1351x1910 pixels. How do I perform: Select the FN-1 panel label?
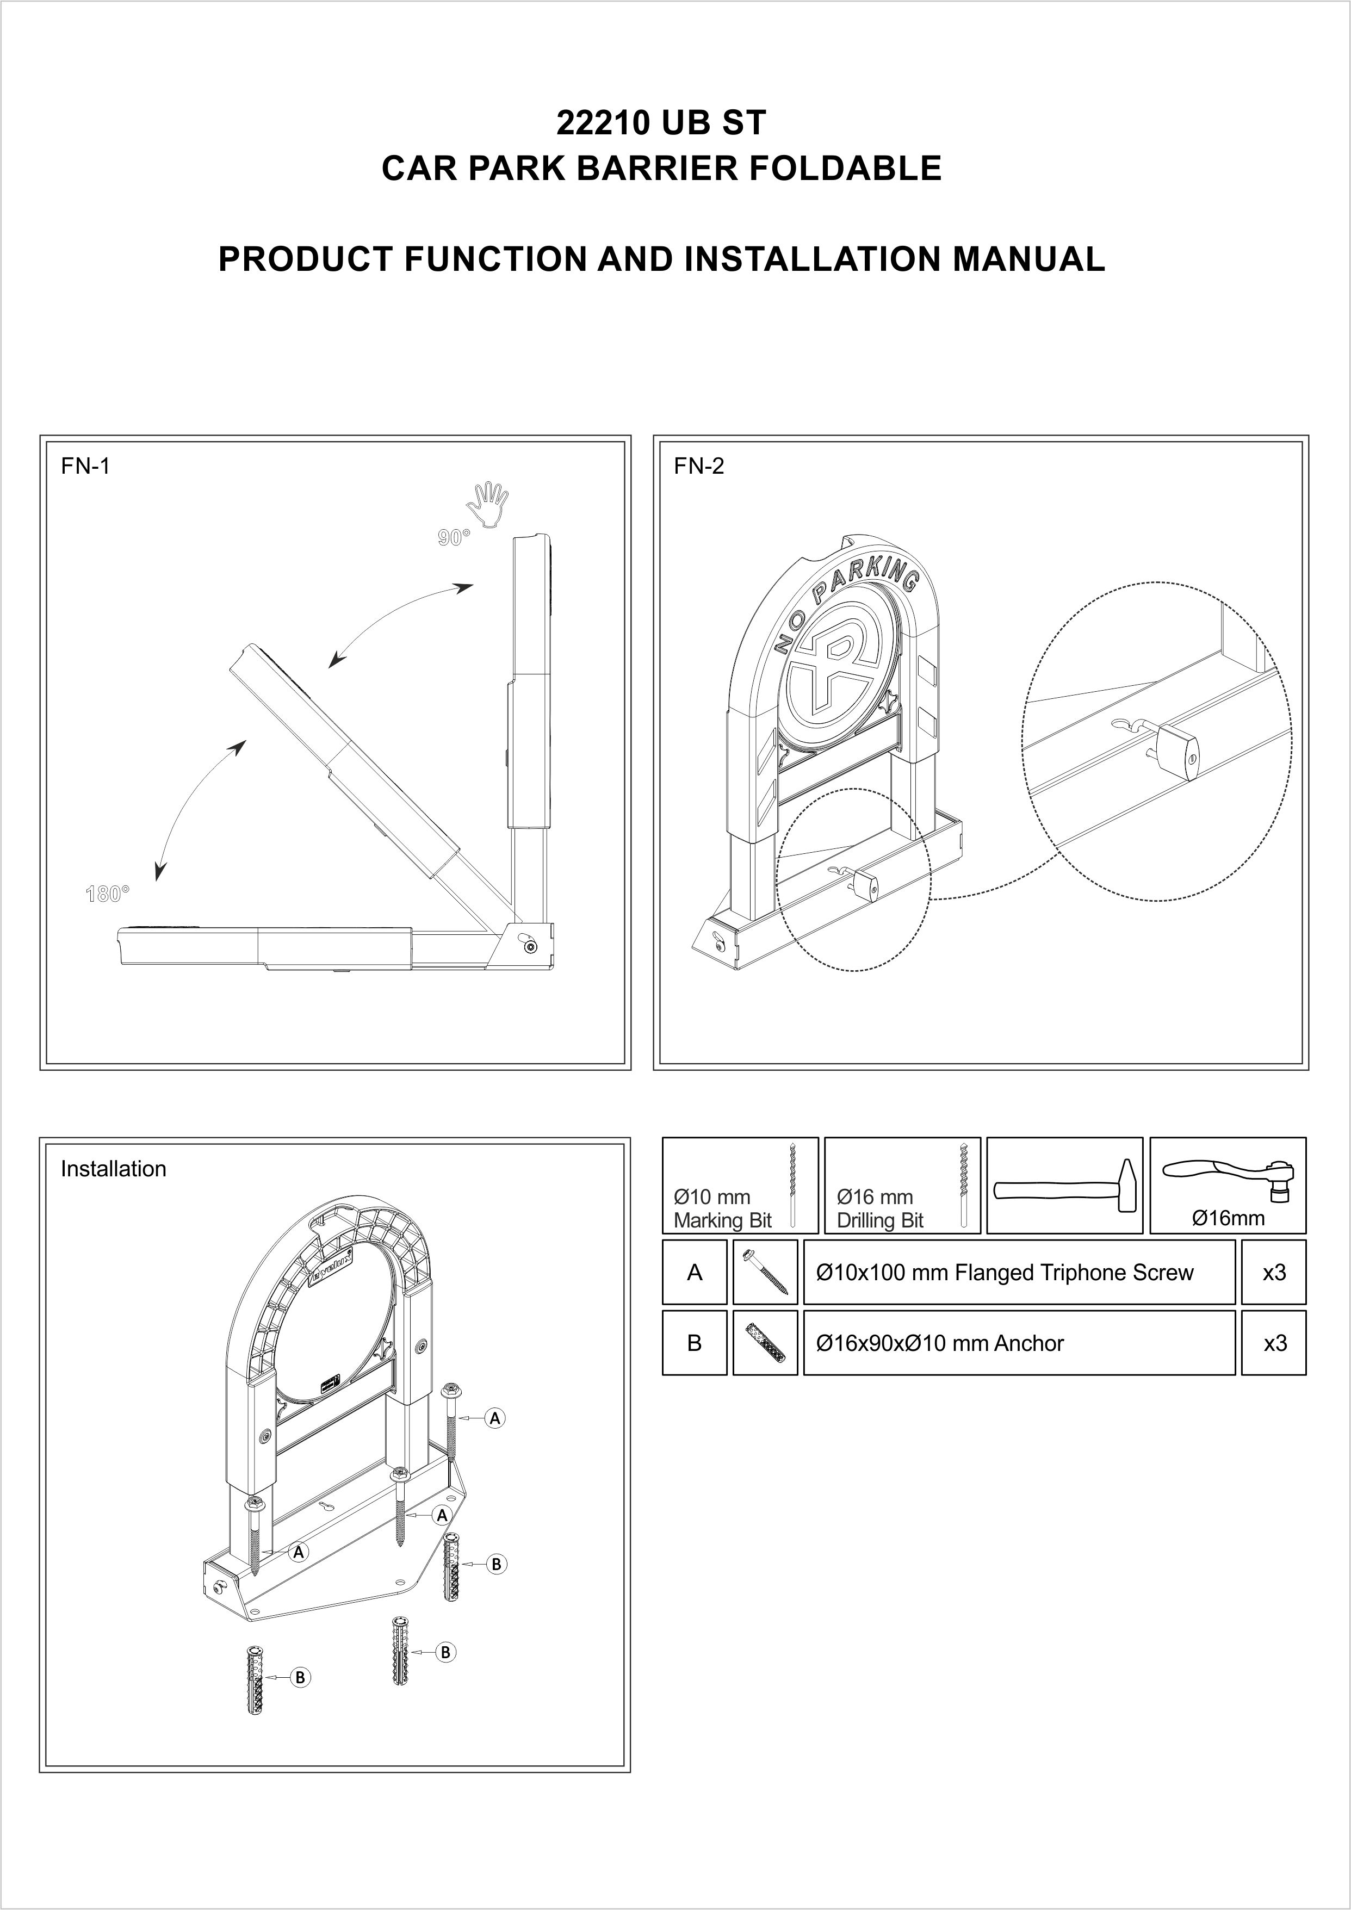click(x=85, y=466)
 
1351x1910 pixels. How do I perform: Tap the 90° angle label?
click(x=454, y=538)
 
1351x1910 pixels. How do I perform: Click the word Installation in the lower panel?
click(x=113, y=1169)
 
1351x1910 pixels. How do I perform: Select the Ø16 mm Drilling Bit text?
click(x=880, y=1209)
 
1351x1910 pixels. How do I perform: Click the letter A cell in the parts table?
click(x=695, y=1273)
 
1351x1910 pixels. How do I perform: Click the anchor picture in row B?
click(x=765, y=1343)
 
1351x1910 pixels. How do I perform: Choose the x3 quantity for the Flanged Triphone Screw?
click(x=1274, y=1273)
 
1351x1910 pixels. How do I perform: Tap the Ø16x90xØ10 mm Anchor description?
click(x=940, y=1343)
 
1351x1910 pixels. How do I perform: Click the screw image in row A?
click(x=765, y=1273)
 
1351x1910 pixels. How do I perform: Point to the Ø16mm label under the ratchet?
click(x=1228, y=1219)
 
